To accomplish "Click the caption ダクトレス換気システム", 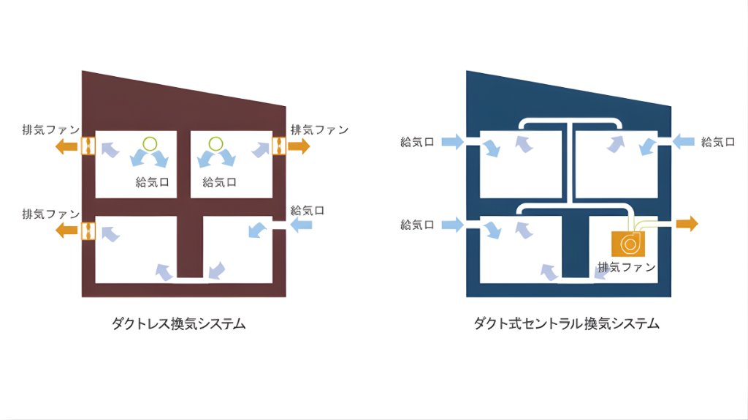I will coord(178,323).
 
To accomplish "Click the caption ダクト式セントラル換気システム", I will coord(566,323).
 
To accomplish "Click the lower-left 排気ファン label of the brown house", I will coord(50,214).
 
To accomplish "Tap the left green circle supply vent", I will coord(150,143).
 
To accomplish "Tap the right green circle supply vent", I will coord(215,143).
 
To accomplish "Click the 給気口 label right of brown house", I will coord(308,210).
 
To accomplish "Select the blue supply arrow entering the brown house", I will coord(301,226).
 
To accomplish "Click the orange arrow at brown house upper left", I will coord(68,146).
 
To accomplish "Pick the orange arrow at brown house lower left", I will coord(68,230).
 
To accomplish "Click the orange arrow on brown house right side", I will coord(299,146).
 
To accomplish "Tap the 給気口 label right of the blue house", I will coord(717,141).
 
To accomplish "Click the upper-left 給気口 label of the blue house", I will coord(418,141).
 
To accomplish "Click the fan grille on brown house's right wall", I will coord(278,146).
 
